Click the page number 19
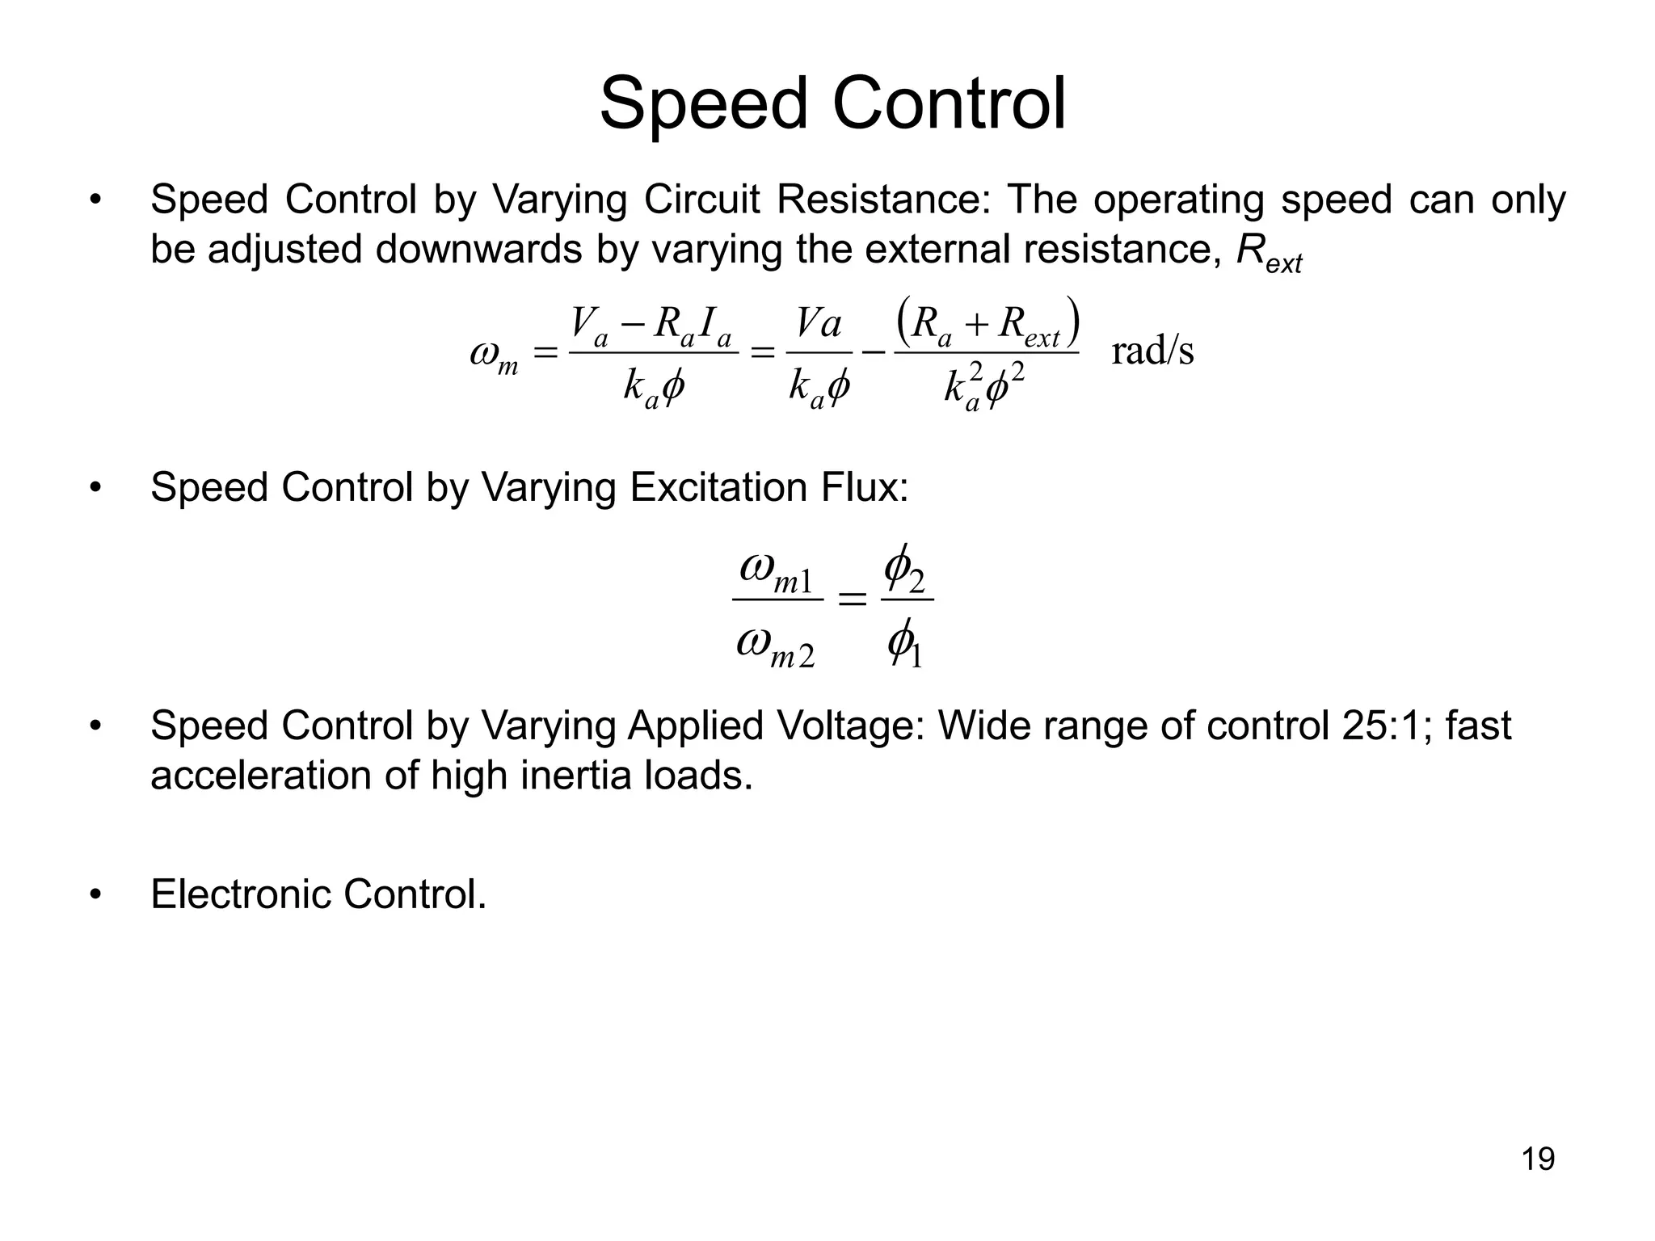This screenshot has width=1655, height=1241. pos(1538,1159)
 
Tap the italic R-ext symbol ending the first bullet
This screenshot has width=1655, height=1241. pos(1269,252)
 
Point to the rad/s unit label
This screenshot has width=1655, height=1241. pos(1152,351)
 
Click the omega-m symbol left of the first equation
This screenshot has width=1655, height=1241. pos(494,356)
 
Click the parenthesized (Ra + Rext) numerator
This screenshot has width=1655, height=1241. pos(988,322)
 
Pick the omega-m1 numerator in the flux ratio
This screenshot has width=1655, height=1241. pos(777,571)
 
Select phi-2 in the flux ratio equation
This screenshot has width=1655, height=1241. pos(904,569)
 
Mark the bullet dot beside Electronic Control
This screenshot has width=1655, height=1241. pos(96,894)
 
